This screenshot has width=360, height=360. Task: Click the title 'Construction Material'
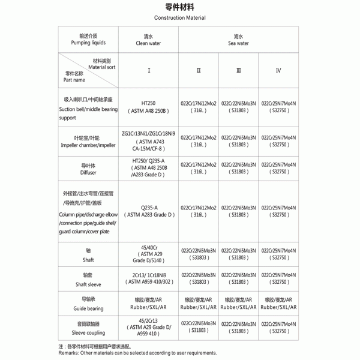point(180,18)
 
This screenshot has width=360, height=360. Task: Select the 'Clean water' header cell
point(149,40)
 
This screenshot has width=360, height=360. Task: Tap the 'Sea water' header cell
point(238,40)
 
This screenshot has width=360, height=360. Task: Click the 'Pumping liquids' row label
point(88,40)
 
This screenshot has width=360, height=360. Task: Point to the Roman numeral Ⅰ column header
point(149,70)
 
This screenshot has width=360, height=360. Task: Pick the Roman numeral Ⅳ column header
point(278,70)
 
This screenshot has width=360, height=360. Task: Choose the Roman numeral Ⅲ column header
point(238,70)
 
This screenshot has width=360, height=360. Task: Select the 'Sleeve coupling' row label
point(88,329)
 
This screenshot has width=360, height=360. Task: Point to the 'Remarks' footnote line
point(138,353)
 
